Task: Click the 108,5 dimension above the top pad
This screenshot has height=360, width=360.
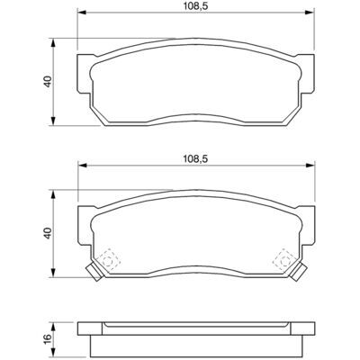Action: tap(195, 7)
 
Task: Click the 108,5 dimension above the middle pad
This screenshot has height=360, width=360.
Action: tap(195, 159)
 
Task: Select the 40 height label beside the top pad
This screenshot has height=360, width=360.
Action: tap(49, 81)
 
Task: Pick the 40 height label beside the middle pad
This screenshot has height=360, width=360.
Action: tap(49, 233)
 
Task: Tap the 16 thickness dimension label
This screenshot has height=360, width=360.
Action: tap(49, 339)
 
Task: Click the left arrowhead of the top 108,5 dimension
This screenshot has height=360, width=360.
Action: tap(82, 13)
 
